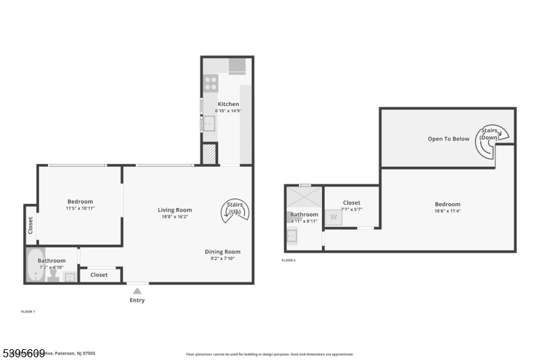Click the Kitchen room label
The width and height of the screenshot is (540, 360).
click(227, 104)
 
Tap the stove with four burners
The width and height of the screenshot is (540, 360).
click(210, 83)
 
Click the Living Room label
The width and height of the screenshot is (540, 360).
click(175, 210)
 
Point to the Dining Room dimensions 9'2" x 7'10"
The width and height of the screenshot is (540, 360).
click(223, 259)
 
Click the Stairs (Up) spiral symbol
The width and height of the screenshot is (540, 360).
click(236, 211)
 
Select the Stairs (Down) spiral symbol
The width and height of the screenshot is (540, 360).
click(493, 137)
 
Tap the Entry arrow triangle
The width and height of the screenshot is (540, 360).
click(137, 290)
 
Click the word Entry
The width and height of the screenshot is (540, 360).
click(137, 300)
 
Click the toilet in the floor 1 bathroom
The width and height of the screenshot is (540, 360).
click(53, 276)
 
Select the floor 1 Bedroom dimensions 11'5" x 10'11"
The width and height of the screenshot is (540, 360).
click(80, 208)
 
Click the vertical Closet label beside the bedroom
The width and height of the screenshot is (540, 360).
click(30, 225)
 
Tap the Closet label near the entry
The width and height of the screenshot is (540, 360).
click(99, 275)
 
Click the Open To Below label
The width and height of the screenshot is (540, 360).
click(448, 139)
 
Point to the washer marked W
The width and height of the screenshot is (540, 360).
click(332, 217)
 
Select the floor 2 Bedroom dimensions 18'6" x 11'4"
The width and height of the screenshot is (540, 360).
click(447, 211)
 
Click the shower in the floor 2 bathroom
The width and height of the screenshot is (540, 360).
click(304, 198)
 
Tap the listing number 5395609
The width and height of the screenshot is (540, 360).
click(23, 353)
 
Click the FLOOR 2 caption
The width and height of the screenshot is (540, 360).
click(288, 260)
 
